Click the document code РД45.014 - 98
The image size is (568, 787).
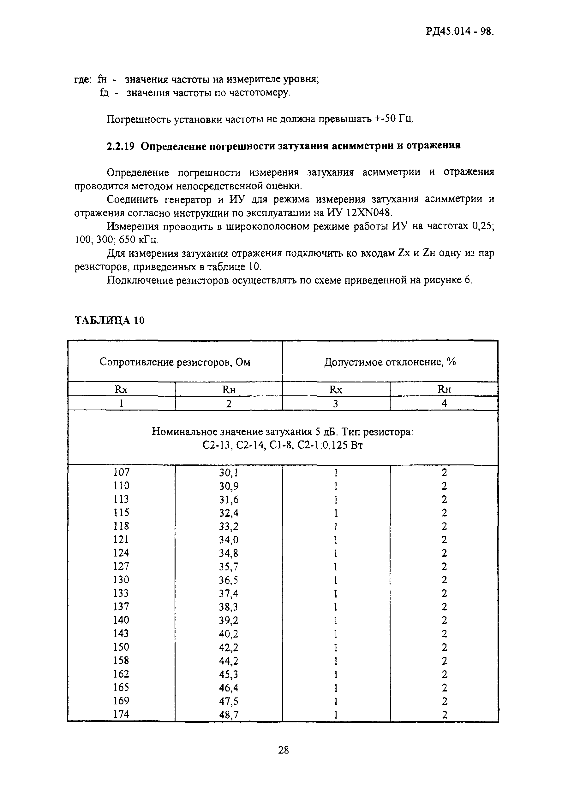point(459,32)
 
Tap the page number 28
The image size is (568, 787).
point(283,750)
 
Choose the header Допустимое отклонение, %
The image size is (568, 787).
point(390,362)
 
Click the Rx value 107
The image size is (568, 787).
point(121,472)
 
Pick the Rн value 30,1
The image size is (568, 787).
point(229,473)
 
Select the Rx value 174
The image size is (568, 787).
point(121,714)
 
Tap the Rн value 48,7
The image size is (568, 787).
point(229,714)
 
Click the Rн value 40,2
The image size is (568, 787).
point(229,634)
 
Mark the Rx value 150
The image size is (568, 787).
point(121,647)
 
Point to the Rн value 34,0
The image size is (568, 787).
point(229,540)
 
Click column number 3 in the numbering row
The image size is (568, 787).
point(336,403)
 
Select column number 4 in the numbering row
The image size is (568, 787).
point(444,403)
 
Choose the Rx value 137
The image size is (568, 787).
point(121,607)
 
